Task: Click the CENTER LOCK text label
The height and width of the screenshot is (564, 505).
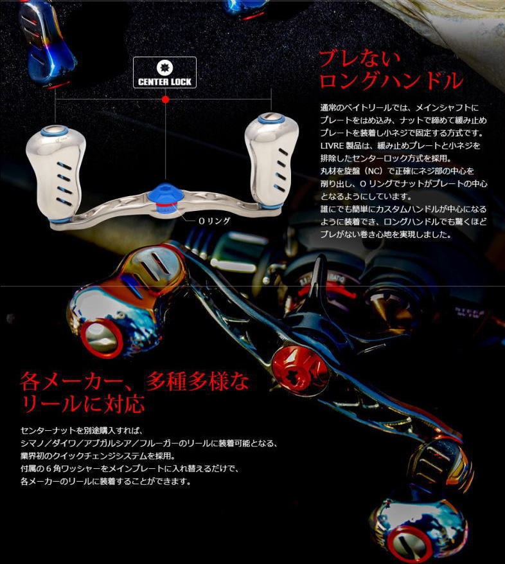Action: click(x=164, y=82)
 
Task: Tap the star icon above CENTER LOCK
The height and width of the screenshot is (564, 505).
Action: click(x=165, y=68)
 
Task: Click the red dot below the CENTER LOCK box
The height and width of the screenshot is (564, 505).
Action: click(x=165, y=99)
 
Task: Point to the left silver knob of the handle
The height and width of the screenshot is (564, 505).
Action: click(x=56, y=172)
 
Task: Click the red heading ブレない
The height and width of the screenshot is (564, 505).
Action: click(x=359, y=59)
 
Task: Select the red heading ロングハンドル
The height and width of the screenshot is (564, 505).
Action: click(x=391, y=80)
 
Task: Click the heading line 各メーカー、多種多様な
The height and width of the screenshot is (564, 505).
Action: click(x=135, y=381)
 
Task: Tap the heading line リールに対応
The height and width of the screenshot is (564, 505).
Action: click(x=83, y=404)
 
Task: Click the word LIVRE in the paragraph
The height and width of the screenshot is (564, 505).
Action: click(x=332, y=146)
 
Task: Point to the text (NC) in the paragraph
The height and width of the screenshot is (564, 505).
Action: click(x=374, y=171)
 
